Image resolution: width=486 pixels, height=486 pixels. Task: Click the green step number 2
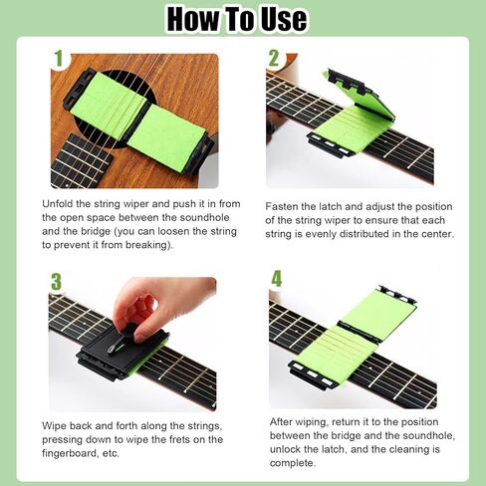click(274, 59)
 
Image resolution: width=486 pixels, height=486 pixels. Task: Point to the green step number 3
click(56, 282)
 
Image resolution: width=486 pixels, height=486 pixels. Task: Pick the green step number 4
click(276, 279)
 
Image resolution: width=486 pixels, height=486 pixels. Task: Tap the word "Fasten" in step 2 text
click(285, 206)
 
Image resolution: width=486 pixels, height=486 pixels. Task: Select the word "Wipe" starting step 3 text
click(58, 425)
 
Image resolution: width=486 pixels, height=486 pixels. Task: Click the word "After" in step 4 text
click(284, 421)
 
